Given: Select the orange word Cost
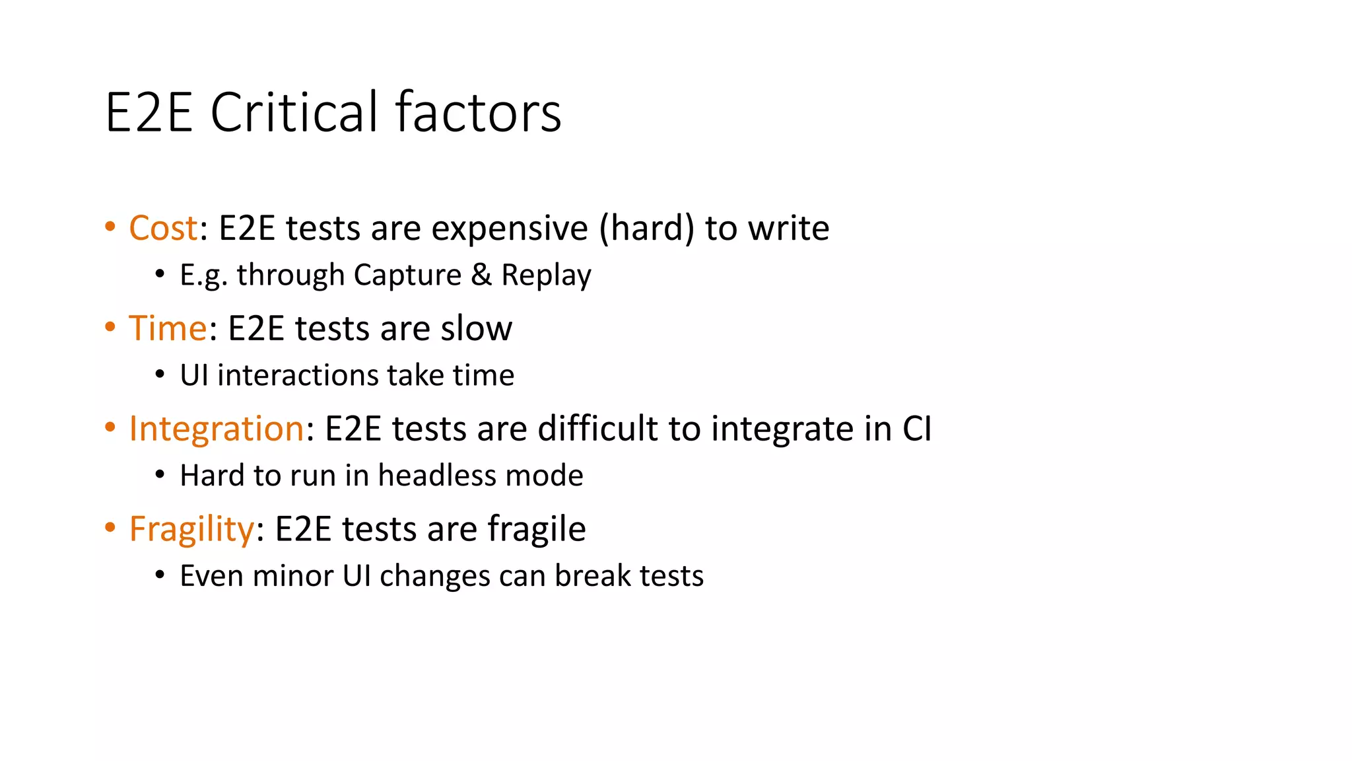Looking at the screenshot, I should point(163,229).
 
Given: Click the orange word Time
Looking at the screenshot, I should point(168,328).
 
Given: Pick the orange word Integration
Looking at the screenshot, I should point(216,429).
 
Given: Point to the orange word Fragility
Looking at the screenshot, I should point(191,529).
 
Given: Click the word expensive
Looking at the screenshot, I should point(509,229).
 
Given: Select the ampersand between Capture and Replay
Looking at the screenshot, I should point(481,275).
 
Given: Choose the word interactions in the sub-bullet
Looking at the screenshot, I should point(298,375).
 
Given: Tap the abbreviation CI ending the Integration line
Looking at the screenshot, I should point(917,429).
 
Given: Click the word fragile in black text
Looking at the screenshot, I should point(536,529).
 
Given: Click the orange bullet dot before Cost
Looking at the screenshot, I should point(110,227).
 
